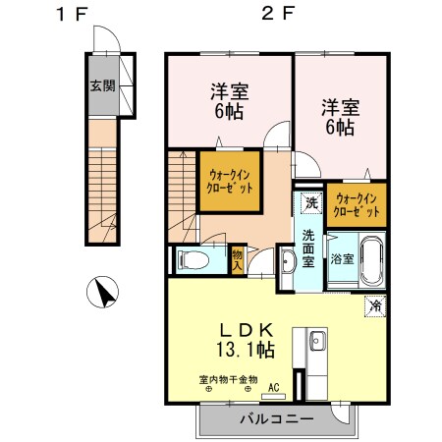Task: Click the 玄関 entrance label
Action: click(x=102, y=85)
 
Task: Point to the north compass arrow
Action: click(x=103, y=293)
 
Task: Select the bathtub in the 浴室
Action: click(x=371, y=259)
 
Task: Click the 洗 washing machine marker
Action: click(x=310, y=203)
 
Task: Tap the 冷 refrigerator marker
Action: click(x=374, y=305)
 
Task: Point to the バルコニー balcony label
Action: click(x=276, y=419)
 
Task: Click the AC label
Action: click(x=274, y=388)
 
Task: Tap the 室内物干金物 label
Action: click(x=227, y=378)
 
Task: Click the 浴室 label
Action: click(x=342, y=259)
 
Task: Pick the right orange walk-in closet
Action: click(x=357, y=204)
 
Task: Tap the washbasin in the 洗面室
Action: click(x=287, y=260)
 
